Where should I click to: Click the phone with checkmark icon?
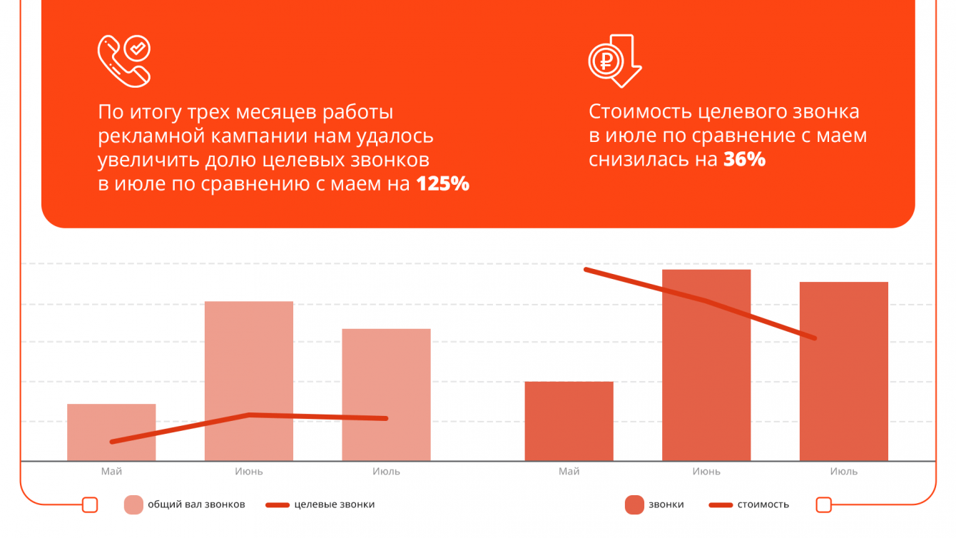tap(123, 62)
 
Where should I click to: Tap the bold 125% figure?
tap(443, 184)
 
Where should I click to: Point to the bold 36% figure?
tap(745, 160)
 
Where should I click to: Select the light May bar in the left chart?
tap(111, 432)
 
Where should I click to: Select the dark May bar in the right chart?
tap(569, 421)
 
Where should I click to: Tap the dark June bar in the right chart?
tap(706, 365)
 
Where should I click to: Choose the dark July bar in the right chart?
tap(843, 371)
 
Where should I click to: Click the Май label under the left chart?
tap(111, 472)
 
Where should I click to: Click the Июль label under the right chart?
tap(843, 472)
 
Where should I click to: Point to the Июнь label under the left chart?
tap(249, 472)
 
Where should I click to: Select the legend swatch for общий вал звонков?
tap(133, 504)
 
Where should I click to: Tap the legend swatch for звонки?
tap(634, 504)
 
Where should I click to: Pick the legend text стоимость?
tap(763, 504)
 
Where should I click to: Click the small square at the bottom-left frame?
tap(90, 504)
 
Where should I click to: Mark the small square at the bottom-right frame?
tap(823, 504)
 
